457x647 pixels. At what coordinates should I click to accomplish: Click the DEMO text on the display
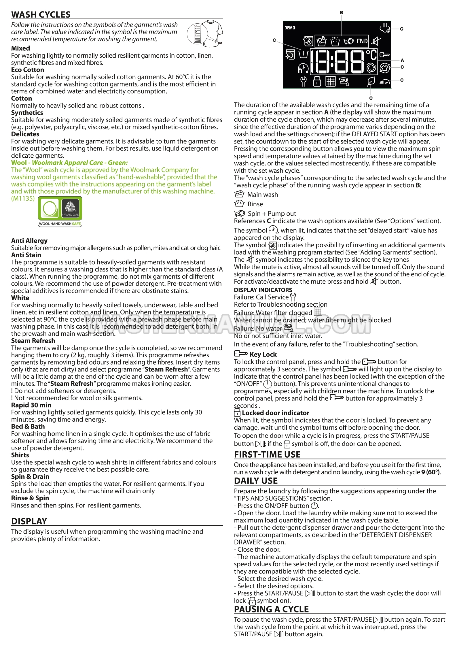click(x=290, y=28)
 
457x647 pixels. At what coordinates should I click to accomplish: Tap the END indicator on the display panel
click(x=362, y=41)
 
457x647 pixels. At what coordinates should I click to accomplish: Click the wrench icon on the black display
click(x=303, y=82)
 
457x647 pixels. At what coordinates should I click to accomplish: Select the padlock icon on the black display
click(x=317, y=82)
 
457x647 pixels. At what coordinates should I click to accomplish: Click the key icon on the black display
click(x=385, y=55)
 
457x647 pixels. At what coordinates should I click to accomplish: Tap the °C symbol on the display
click(x=371, y=54)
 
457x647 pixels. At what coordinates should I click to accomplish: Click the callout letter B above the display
click(x=342, y=13)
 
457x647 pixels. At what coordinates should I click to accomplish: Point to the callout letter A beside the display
click(x=402, y=60)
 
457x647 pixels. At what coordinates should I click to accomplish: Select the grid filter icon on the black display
click(x=330, y=82)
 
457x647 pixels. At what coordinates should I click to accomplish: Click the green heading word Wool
click(x=19, y=163)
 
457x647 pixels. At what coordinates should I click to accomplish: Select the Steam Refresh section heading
click(x=33, y=341)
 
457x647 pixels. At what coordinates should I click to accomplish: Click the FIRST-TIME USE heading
click(x=267, y=454)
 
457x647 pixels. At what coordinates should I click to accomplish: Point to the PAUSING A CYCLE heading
click(x=271, y=609)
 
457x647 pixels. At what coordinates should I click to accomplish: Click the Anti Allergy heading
click(x=29, y=241)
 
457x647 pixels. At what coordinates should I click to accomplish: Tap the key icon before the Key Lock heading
click(x=241, y=354)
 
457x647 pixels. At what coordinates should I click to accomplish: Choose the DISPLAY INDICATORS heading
click(x=263, y=290)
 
